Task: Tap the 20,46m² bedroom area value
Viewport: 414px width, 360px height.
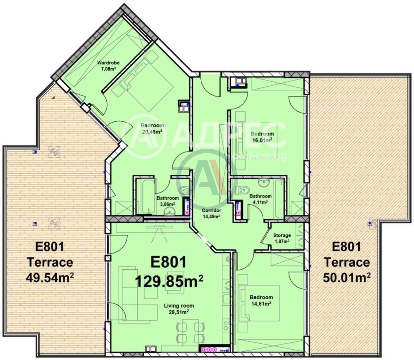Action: click(152, 132)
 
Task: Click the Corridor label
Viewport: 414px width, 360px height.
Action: click(211, 210)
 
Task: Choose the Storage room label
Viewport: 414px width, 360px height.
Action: click(282, 235)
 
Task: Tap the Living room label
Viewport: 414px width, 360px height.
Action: click(179, 306)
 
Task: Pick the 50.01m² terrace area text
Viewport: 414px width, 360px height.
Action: click(347, 277)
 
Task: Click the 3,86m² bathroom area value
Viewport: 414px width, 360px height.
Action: click(168, 204)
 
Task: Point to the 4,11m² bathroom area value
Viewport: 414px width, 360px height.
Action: click(260, 202)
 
